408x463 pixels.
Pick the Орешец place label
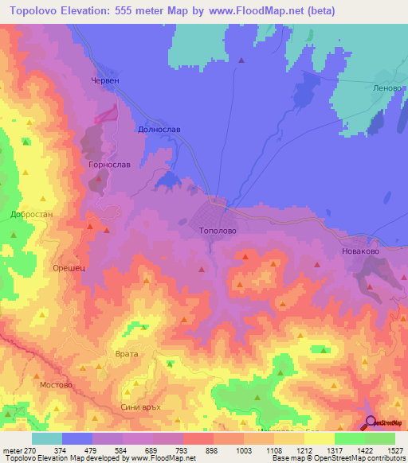pos(69,269)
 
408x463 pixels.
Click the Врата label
pos(127,353)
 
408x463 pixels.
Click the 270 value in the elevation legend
pos(24,449)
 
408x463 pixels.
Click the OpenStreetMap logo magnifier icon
pos(370,422)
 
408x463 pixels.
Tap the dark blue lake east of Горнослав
pos(168,181)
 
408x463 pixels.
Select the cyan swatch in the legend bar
pos(47,438)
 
